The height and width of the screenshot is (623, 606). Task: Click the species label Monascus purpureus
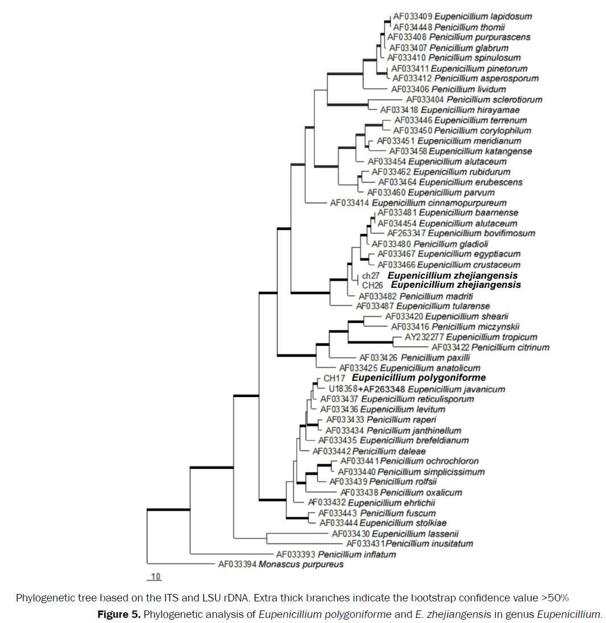click(x=301, y=565)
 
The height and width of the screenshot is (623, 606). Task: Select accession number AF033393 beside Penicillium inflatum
click(x=295, y=554)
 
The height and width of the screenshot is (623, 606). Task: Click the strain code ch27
click(x=370, y=275)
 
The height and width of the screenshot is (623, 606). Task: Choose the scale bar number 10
click(x=155, y=577)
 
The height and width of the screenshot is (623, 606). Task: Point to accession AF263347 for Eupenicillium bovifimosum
click(x=406, y=233)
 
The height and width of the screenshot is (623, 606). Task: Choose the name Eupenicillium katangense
click(x=481, y=151)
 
